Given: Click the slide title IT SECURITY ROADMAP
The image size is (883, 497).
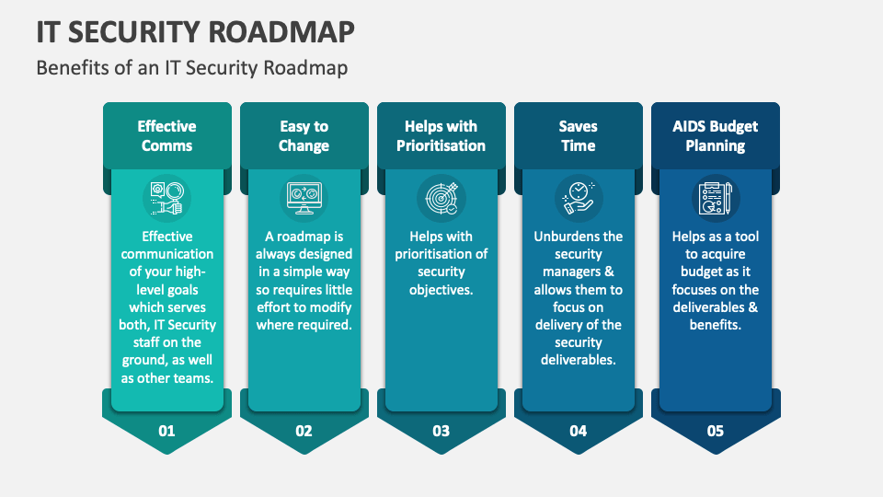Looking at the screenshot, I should coord(195,31).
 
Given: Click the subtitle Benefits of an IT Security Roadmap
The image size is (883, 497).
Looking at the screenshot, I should coord(192,68).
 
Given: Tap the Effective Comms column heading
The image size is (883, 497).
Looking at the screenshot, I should coord(166,136).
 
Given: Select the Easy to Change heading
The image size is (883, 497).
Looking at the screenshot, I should coord(304,136).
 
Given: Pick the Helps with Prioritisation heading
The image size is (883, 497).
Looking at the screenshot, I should coord(441,136).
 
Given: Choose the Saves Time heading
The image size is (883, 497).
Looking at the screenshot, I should coord(578,136).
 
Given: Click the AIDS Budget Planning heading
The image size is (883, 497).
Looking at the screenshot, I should coord(715,136).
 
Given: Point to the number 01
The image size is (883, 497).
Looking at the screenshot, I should coord(166,430).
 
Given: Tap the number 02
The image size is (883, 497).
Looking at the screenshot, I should coord(304,430).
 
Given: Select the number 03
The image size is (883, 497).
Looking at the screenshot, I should coord(441,430).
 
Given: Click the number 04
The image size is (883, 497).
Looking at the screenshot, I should coord(578,430).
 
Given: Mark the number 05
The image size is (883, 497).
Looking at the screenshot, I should coord(715,430).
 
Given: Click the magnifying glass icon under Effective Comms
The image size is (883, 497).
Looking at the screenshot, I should coord(166,196).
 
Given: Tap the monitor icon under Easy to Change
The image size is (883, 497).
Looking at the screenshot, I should coord(304,196).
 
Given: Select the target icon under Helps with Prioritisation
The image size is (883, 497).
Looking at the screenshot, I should coord(441,196).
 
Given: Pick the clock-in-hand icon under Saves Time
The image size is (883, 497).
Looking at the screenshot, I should coord(578,196).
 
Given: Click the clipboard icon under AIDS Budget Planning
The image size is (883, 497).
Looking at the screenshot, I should coord(715,196).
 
